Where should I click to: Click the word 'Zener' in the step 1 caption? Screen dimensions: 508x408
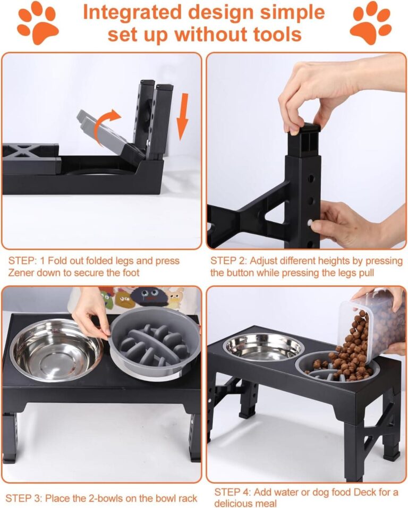21,273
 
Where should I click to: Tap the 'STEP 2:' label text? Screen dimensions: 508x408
228,261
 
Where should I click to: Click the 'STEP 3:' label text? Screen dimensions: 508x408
24,498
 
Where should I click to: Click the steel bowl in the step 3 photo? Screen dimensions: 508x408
56,350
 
